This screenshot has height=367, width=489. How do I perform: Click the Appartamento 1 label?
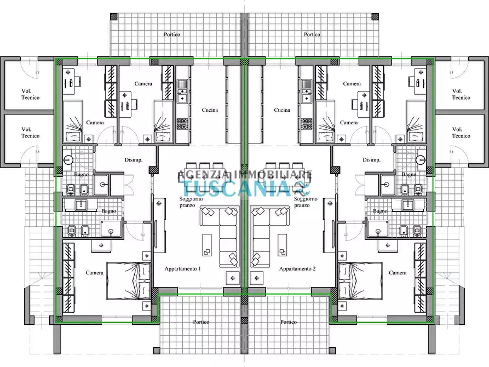[182, 269]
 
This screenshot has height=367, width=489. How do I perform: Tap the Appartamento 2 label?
[297, 269]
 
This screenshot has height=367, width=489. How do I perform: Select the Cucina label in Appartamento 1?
[210, 110]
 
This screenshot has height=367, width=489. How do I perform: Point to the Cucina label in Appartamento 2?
[282, 110]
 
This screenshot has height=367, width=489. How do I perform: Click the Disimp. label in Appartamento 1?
[134, 160]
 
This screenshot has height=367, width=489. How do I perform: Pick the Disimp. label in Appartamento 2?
[371, 160]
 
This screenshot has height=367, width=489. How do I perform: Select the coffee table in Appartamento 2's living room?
[282, 245]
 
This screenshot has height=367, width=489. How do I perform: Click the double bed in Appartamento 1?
[129, 281]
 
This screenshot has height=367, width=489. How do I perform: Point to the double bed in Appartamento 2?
[360, 281]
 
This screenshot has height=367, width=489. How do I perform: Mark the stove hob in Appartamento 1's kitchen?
[181, 124]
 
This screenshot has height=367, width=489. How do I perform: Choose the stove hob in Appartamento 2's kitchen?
[306, 124]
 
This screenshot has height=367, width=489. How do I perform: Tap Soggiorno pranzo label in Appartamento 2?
[306, 202]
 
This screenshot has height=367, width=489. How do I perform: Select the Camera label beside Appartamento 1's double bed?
[94, 273]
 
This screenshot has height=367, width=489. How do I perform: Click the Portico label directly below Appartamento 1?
[201, 322]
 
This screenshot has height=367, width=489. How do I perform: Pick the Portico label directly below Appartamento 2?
[288, 322]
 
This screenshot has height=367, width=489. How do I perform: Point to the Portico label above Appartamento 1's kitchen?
[172, 35]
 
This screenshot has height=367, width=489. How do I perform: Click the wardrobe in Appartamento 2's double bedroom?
[420, 278]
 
